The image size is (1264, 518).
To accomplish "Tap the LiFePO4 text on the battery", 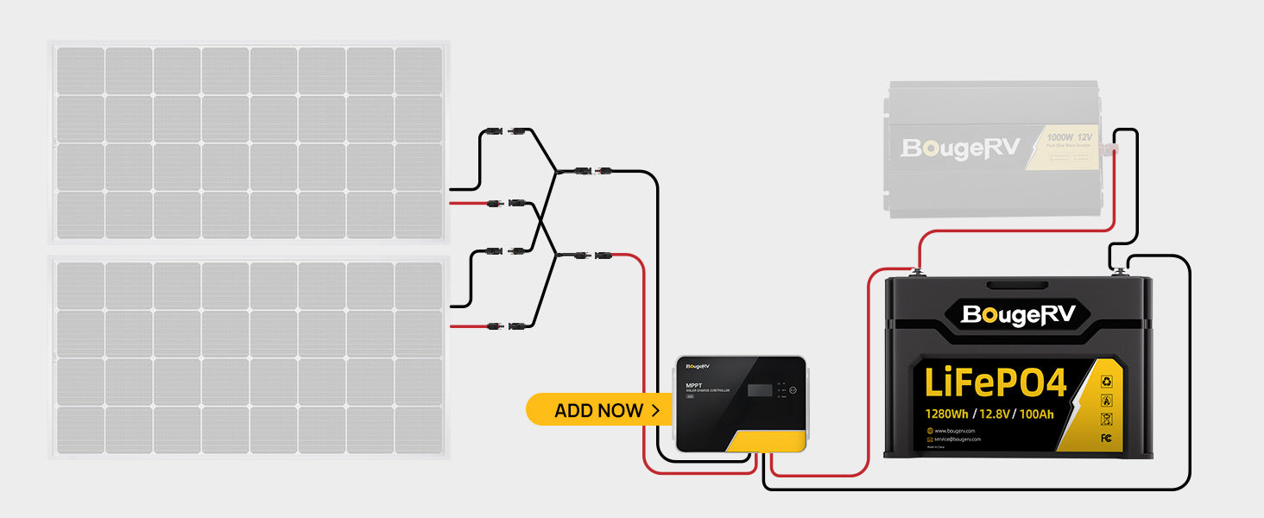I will (995, 382).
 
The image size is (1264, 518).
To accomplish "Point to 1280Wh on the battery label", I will (951, 413).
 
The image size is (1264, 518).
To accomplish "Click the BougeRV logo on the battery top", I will (1018, 315).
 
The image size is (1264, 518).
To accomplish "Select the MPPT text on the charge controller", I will (693, 385).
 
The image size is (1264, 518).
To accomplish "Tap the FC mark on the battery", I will (1106, 439).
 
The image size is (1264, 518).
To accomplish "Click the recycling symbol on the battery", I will (1106, 381).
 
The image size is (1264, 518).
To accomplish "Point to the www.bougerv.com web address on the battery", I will (954, 430).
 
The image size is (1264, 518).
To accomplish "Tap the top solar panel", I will (249, 142).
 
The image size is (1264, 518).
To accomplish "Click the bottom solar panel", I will (249, 357).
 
